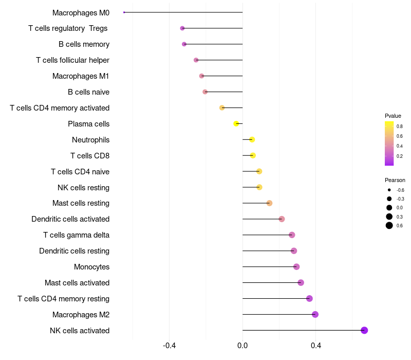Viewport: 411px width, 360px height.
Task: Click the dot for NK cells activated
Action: coord(364,330)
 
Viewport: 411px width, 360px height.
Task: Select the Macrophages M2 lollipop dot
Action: coord(315,314)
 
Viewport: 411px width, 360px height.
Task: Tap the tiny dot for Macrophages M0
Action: coord(124,12)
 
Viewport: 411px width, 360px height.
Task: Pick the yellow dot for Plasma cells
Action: coord(236,123)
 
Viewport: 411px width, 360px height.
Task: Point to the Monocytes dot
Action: coord(296,266)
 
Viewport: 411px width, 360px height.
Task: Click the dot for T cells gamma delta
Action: coord(292,235)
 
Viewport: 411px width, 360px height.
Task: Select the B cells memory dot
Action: coord(184,44)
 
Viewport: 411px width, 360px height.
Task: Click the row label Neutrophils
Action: coord(90,140)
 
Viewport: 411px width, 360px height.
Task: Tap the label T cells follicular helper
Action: coord(72,60)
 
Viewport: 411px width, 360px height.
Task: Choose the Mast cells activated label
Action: coord(77,283)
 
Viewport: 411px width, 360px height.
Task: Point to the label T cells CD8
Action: coord(90,156)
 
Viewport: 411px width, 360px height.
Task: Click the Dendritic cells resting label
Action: coord(74,251)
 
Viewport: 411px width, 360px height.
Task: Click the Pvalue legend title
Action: coord(393,116)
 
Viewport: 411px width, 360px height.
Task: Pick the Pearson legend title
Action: coord(395,180)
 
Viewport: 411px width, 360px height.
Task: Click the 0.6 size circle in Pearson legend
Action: coord(389,225)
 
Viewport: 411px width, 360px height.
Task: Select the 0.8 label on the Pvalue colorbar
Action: coord(399,126)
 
